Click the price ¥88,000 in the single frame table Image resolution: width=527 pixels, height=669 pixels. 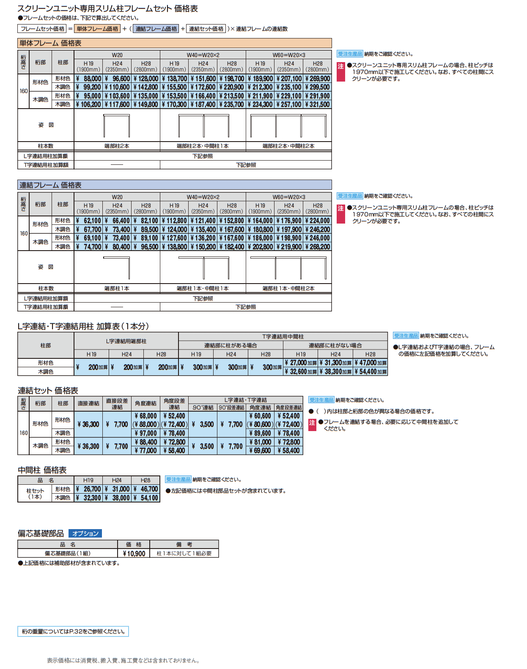[x=89, y=79]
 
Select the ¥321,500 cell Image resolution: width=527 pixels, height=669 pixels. [x=317, y=104]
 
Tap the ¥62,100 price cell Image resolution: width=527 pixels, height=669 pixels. [x=89, y=221]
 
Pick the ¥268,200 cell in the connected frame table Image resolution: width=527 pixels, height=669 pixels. [x=317, y=247]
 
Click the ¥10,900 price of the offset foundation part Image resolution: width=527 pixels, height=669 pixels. [x=134, y=554]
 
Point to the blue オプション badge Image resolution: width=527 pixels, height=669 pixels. [x=85, y=533]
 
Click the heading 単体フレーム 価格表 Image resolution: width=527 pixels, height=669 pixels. [x=51, y=43]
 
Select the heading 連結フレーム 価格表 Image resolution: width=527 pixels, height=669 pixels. [x=51, y=185]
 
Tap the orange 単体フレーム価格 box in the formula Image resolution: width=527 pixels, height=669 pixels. [x=98, y=29]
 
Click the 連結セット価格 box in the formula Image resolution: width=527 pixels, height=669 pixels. [x=206, y=29]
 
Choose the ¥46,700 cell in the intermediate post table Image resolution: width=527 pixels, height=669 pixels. [x=146, y=489]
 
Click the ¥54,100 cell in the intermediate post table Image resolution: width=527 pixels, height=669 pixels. [x=146, y=498]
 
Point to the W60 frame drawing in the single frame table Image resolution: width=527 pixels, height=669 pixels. [x=288, y=126]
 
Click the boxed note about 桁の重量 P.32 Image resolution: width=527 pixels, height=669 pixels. [x=73, y=631]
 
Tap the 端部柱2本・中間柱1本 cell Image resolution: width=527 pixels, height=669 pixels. [x=203, y=146]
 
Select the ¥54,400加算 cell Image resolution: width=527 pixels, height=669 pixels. [x=371, y=371]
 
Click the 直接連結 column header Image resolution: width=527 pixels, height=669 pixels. [x=88, y=404]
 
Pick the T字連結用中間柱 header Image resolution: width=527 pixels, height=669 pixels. [x=283, y=337]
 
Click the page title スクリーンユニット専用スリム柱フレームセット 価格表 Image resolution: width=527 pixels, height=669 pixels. [x=108, y=8]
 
